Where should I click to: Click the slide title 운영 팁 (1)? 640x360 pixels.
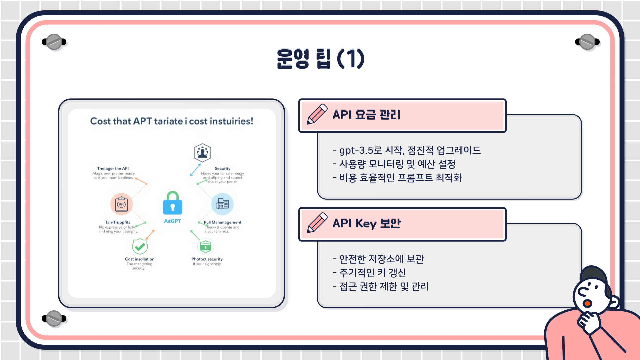[320, 59]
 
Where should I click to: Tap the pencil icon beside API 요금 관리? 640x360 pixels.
[317, 114]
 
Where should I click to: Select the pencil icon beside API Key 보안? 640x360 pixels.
[317, 223]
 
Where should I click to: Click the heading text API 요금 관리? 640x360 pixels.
[366, 115]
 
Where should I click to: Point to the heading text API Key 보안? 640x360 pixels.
[367, 223]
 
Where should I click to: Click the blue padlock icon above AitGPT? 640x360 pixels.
[172, 203]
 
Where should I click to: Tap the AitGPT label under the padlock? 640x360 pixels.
[172, 221]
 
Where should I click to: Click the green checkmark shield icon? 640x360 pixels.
[140, 247]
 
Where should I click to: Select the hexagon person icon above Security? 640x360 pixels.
[202, 153]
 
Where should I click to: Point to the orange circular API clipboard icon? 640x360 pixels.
[121, 204]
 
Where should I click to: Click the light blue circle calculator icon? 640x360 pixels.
[222, 204]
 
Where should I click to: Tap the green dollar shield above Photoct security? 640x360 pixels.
[205, 247]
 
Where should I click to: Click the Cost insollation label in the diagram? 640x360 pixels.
[140, 259]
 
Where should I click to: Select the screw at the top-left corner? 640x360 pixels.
[54, 42]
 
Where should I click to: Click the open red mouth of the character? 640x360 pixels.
[587, 303]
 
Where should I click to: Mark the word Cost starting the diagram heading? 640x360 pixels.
[100, 121]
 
